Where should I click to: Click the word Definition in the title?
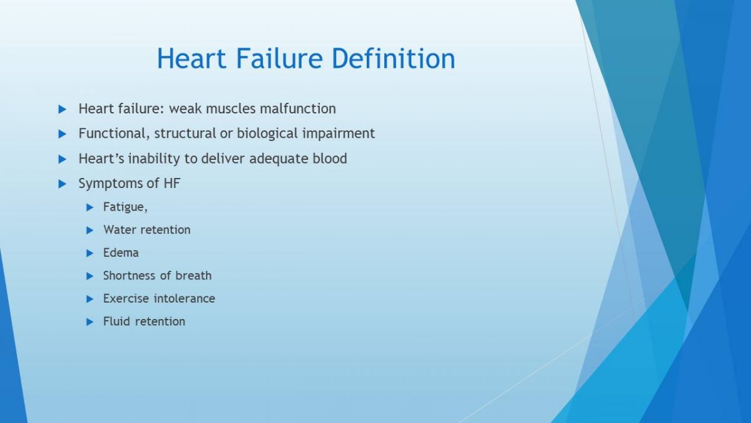393,58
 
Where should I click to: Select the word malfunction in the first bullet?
298,109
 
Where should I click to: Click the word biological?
267,134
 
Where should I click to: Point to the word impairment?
339,134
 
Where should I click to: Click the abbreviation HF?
172,183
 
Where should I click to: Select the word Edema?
121,253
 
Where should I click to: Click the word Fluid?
116,321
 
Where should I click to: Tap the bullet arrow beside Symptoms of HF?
63,184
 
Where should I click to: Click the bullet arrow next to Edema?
89,253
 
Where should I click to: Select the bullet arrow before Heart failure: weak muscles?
63,109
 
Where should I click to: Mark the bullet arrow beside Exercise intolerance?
89,299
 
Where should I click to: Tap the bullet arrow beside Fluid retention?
89,322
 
